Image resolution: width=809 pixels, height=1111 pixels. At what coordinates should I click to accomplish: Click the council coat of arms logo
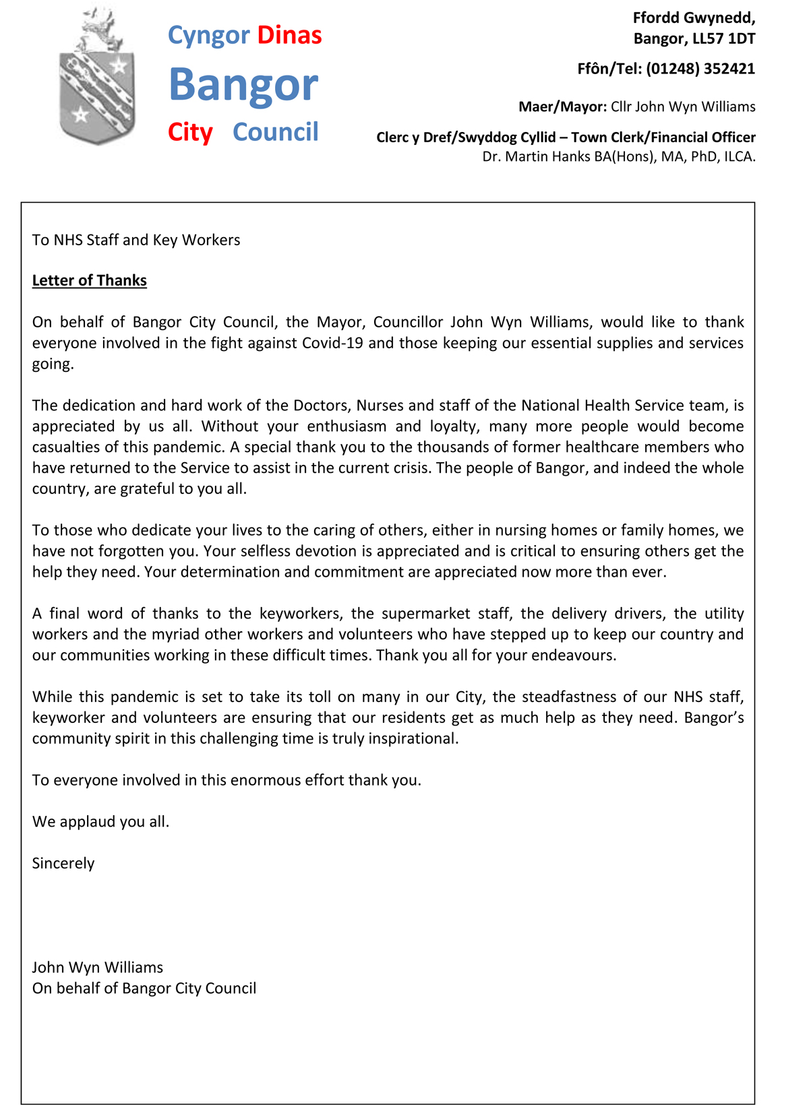(97, 77)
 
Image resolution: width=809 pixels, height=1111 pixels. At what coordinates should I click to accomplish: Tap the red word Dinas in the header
(289, 35)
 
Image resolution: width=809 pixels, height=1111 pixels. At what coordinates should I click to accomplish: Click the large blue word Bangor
(243, 85)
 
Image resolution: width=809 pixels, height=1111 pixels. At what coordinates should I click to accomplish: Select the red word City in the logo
(190, 132)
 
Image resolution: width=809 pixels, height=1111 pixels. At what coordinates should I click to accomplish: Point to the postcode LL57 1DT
(724, 39)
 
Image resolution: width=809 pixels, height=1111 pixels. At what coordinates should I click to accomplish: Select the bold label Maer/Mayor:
(562, 107)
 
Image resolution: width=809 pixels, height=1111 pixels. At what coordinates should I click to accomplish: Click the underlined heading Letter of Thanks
(89, 280)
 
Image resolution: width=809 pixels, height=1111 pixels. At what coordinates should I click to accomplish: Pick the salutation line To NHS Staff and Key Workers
(136, 240)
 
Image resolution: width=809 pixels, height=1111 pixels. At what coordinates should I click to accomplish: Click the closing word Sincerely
(63, 864)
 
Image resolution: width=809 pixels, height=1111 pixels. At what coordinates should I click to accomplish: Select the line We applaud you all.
(100, 822)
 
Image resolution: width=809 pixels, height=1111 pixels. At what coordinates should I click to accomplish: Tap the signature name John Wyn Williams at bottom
(97, 967)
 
